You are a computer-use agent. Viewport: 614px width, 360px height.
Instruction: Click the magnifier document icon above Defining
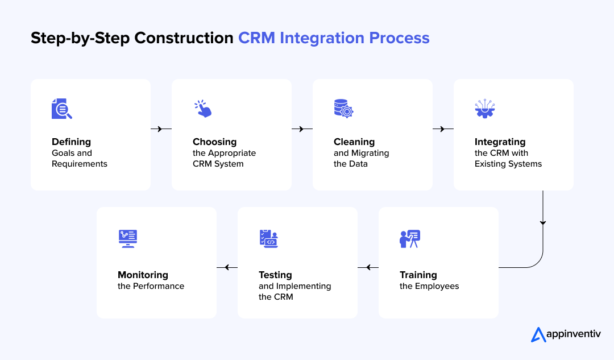coord(61,109)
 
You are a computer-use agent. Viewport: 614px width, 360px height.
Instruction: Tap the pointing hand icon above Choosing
coord(202,109)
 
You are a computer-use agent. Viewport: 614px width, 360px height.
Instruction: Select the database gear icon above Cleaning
coord(343,109)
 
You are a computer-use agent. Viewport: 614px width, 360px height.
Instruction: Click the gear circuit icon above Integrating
coord(485,109)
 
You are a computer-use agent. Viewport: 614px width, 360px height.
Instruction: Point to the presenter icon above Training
coord(409,239)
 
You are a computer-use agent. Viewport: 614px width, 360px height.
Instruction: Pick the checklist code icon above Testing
coord(268,239)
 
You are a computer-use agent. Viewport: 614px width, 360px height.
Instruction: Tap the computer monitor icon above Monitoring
coord(128,238)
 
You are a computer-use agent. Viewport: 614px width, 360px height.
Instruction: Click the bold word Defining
coord(71,142)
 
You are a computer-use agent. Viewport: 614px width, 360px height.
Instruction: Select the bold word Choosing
coord(214,142)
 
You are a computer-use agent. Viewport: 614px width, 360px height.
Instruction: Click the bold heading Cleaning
coord(354,142)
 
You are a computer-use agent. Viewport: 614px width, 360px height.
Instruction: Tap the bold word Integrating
coord(500,142)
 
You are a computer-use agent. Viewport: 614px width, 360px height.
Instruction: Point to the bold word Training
coord(418,275)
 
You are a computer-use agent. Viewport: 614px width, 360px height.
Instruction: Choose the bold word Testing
coord(275,275)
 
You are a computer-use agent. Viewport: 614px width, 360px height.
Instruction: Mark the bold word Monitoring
coord(143,275)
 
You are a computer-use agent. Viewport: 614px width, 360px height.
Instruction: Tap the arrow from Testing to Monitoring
coord(227,267)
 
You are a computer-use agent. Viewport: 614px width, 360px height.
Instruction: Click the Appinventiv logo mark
coord(538,335)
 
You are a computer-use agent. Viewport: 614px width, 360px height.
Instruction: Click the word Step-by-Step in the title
coord(73,38)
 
